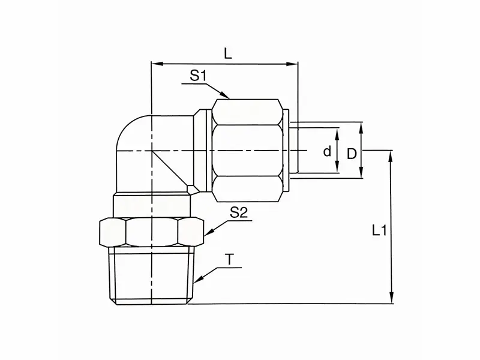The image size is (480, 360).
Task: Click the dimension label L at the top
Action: [228, 54]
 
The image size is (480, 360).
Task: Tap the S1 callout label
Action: [199, 76]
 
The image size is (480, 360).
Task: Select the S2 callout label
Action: [239, 212]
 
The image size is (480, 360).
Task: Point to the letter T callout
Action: [230, 260]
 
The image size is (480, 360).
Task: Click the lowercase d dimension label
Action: [327, 151]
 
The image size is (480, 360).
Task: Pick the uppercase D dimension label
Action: [352, 154]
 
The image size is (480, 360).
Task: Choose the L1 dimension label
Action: [380, 230]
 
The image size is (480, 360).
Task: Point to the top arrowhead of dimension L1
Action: [391, 156]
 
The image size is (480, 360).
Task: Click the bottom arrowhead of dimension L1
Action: [391, 298]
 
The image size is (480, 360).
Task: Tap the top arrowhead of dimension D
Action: [361, 128]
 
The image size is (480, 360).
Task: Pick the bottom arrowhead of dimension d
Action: [337, 167]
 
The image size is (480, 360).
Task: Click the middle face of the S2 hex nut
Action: [152, 232]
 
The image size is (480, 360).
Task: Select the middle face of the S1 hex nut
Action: [247, 150]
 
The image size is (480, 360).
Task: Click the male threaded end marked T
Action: [152, 275]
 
